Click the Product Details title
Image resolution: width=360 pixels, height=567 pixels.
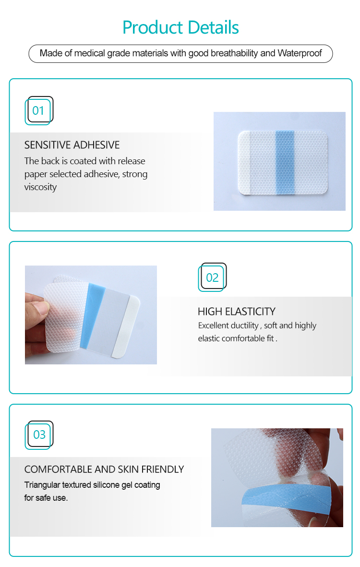180,27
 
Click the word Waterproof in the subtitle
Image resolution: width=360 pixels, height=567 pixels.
300,53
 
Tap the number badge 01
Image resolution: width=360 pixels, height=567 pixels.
38,111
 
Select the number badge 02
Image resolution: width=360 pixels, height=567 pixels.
212,277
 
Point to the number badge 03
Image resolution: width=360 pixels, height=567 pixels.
39,435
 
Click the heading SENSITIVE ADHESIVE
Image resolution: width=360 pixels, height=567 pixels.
72,145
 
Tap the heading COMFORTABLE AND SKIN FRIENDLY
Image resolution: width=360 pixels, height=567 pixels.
104,470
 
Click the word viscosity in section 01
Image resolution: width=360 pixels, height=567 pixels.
40,187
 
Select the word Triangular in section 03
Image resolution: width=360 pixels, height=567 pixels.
42,485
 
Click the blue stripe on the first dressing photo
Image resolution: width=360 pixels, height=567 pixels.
285,162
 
